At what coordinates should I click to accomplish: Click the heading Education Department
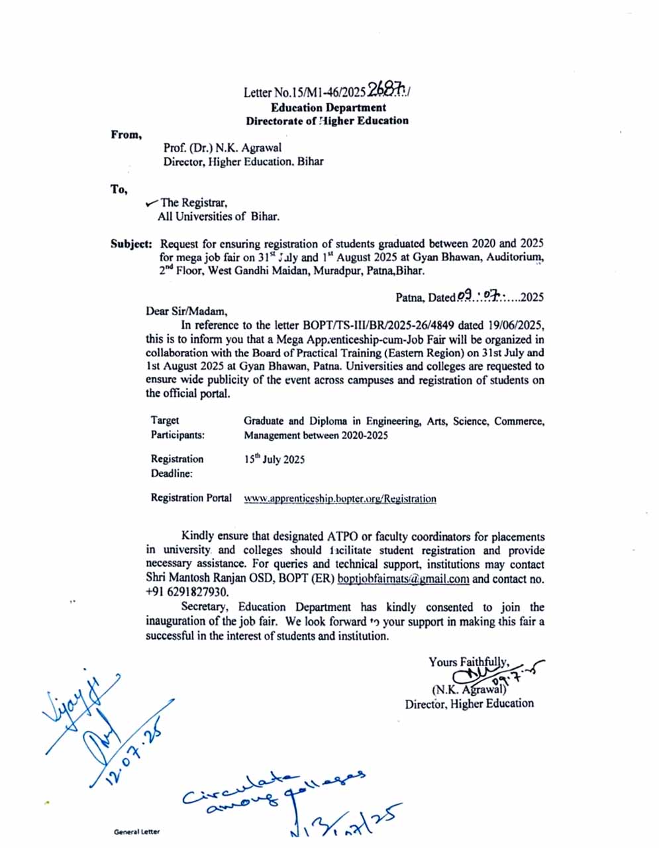pos(328,107)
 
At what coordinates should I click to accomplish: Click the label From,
pos(126,135)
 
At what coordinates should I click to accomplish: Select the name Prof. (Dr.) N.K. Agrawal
pos(222,148)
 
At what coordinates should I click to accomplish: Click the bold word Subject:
pos(131,244)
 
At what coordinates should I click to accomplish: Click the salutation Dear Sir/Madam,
pos(186,311)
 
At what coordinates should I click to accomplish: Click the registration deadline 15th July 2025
pos(274,459)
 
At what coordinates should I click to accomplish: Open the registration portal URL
pos(340,499)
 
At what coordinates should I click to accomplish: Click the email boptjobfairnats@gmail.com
pos(403,578)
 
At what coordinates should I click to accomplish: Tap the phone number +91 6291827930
pos(186,592)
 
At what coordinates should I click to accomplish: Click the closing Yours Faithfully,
pos(468,661)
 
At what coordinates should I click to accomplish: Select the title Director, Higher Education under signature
pos(469,704)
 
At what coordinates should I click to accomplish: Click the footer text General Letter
pos(136,831)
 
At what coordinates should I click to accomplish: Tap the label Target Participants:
pos(177,427)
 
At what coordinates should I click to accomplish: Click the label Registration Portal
pos(191,498)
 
